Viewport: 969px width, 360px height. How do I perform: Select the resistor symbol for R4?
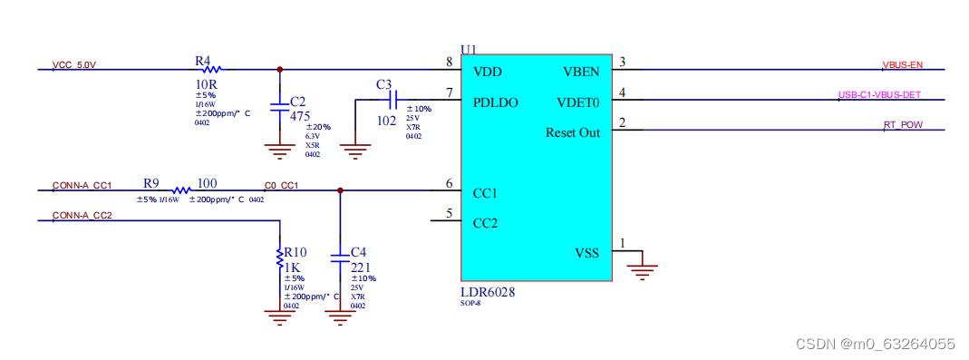pos(211,69)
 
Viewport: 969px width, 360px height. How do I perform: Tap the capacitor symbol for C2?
pos(279,102)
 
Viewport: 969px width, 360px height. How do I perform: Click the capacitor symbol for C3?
pos(392,98)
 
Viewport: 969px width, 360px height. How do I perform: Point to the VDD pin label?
pos(487,72)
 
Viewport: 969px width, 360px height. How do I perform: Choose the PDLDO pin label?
pos(495,102)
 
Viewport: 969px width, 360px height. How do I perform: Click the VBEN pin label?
pos(580,72)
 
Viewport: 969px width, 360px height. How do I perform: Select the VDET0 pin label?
pos(577,102)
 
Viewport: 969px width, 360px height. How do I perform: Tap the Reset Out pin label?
pos(572,132)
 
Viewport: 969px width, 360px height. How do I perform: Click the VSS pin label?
pos(586,253)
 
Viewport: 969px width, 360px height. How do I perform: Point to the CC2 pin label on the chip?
pos(486,222)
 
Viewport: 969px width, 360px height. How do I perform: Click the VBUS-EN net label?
pos(902,64)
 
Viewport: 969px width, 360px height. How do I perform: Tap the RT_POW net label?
pos(902,124)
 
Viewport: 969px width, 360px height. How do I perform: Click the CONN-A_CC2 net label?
pos(82,216)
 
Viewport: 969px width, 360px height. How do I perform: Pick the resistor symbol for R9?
pos(181,190)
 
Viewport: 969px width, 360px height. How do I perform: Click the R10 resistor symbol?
pos(279,258)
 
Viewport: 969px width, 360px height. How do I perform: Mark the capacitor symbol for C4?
pos(340,259)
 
